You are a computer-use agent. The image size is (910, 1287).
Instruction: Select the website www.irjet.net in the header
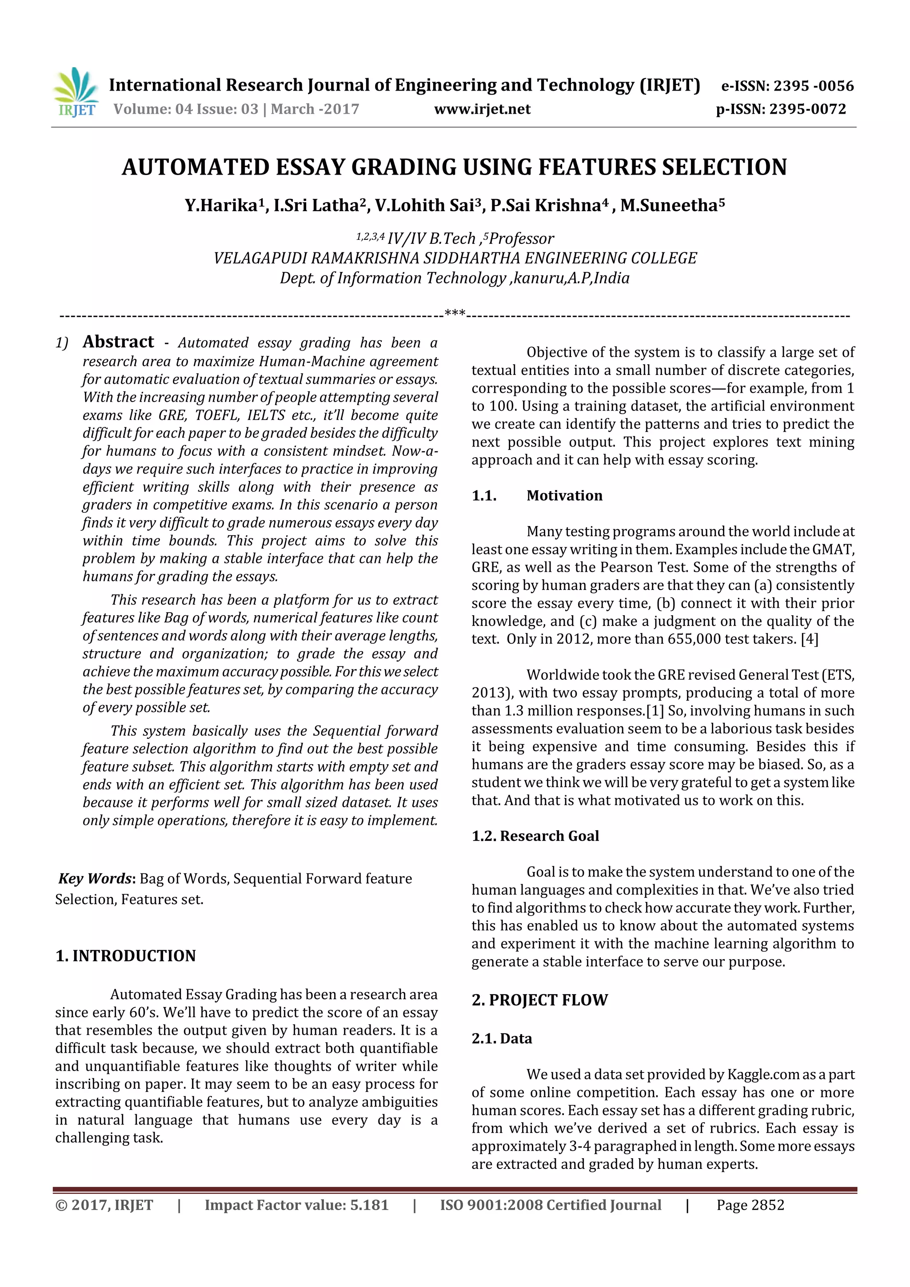pos(482,109)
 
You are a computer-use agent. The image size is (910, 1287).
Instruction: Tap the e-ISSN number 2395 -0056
pos(813,86)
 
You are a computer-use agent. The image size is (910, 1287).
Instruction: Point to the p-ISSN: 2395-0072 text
pos(781,109)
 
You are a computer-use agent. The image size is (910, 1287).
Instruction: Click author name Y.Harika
pos(221,205)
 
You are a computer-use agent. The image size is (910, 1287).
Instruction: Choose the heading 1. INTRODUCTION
pos(126,956)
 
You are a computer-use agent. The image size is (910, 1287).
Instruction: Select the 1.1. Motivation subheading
pos(537,495)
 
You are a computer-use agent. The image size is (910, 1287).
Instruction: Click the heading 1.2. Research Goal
pos(535,836)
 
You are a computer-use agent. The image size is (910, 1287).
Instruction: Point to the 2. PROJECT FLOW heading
pos(539,1000)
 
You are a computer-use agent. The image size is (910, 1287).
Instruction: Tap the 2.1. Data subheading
pos(501,1039)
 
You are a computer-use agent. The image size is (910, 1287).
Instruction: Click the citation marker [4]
pos(809,639)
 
